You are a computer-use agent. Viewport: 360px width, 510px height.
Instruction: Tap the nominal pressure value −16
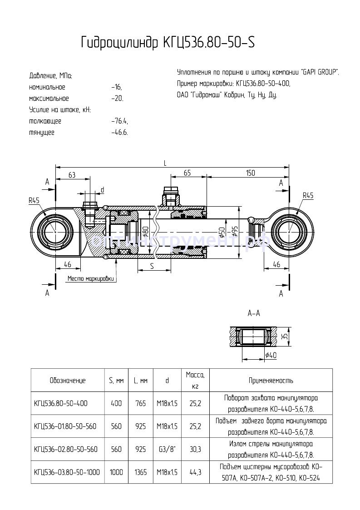116,87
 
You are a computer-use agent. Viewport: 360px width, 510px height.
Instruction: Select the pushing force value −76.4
119,121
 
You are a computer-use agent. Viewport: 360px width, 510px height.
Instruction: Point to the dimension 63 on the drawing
72,175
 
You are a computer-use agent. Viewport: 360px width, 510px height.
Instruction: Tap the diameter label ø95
234,232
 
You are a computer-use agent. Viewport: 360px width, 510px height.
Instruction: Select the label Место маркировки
89,278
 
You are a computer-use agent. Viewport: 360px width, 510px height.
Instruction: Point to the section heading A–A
253,313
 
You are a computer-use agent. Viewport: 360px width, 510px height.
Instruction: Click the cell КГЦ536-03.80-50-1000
67,472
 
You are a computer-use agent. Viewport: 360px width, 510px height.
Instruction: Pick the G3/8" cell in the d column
168,449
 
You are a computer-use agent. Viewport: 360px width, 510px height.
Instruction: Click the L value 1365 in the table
140,472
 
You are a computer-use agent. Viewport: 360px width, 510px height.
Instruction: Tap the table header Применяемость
271,381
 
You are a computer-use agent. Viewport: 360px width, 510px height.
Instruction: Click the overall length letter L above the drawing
165,162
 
